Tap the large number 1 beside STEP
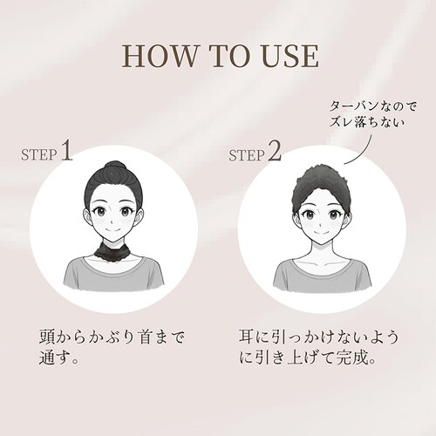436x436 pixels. coord(67,151)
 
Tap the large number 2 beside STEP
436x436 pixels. coord(275,151)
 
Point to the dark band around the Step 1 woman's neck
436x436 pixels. coord(113,249)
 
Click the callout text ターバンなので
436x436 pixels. coord(373,106)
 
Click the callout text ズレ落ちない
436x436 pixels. coord(367,122)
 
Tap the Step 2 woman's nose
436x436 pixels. coord(319,224)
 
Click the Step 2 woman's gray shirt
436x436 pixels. coord(323,275)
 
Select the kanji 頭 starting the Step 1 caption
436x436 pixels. coord(47,337)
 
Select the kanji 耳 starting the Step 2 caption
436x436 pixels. coord(247,337)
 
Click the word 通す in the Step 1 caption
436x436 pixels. coord(55,358)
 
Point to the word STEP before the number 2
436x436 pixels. coord(247,156)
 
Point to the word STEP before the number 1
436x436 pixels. coord(39,155)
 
